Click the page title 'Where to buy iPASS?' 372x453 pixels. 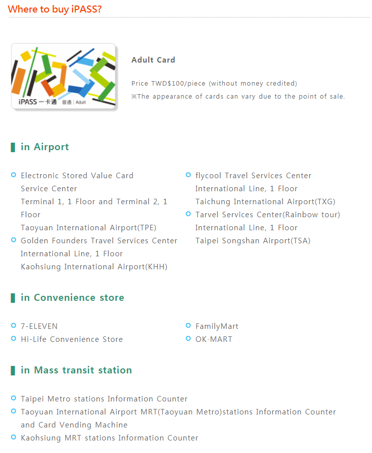(55, 9)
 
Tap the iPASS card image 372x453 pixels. (64, 76)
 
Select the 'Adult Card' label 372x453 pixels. (153, 60)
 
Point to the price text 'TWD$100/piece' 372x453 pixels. (179, 84)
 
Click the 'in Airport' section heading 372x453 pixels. (45, 147)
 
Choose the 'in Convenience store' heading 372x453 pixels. (72, 298)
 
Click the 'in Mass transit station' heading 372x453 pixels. (76, 370)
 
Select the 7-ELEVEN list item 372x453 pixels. (39, 326)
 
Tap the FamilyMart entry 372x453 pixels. (217, 326)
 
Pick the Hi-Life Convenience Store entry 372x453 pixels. (72, 339)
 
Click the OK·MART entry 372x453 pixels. (214, 339)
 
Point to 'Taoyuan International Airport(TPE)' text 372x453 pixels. (89, 228)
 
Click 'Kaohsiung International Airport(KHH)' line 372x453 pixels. (94, 267)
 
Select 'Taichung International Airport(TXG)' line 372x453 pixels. (265, 202)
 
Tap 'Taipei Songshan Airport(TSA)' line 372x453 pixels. (253, 241)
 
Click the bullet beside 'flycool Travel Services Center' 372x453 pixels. (188, 175)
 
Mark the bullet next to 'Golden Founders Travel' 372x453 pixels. (14, 240)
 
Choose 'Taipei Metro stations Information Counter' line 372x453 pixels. (104, 399)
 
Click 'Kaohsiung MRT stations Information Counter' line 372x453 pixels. (109, 438)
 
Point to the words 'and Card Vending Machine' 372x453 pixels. (74, 425)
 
